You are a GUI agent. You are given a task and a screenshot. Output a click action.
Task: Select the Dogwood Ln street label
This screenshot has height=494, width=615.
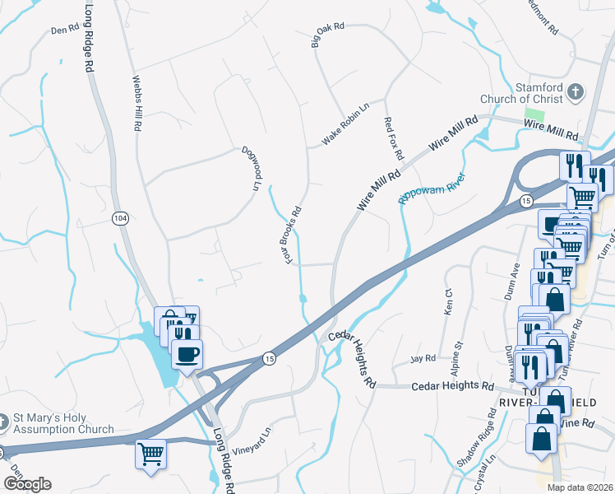click(x=250, y=169)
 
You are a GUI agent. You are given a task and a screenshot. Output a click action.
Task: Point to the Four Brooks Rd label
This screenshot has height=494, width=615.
click(x=294, y=235)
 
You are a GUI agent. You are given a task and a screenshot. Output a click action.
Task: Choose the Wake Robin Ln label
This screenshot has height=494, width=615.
click(x=346, y=124)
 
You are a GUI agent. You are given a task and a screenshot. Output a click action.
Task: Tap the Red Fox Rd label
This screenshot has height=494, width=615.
click(x=394, y=137)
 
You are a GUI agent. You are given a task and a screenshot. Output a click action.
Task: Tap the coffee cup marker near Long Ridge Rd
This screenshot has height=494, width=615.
click(x=187, y=354)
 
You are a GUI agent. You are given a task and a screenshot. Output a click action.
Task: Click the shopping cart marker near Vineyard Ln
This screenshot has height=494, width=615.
click(x=151, y=454)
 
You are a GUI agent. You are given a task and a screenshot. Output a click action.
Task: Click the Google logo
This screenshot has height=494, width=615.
click(x=26, y=483)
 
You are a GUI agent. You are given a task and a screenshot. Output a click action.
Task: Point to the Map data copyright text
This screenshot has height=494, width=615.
click(x=580, y=487)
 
